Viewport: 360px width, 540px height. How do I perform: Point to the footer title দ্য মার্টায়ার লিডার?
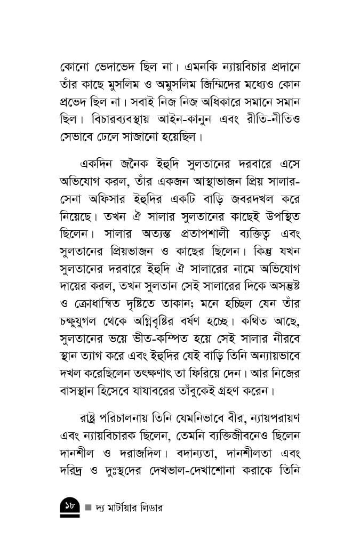(x=130, y=507)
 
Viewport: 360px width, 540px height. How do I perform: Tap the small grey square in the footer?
(x=89, y=507)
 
